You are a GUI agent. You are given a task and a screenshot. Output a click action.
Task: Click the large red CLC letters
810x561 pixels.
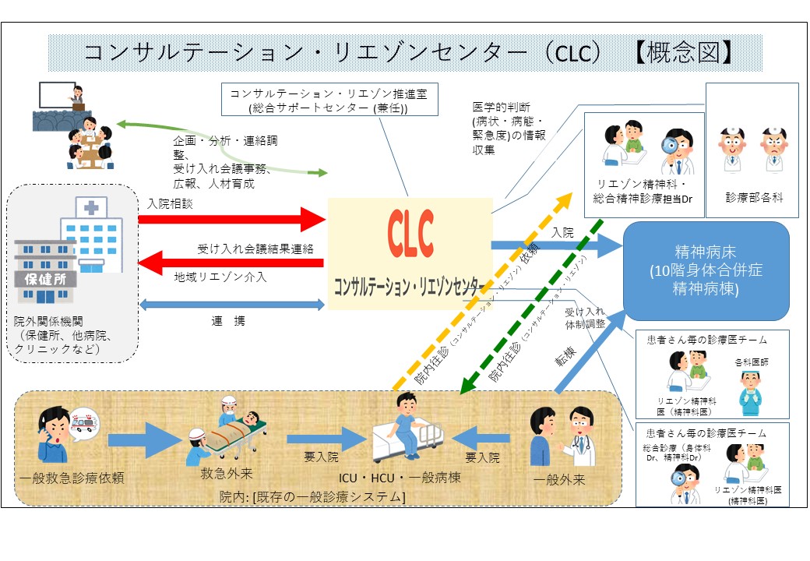pyautogui.click(x=410, y=235)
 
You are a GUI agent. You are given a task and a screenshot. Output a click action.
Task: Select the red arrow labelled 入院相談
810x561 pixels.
pyautogui.click(x=231, y=219)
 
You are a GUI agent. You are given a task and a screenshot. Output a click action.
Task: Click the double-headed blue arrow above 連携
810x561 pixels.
pyautogui.click(x=231, y=305)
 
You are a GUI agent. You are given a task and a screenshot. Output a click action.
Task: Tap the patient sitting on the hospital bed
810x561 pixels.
pyautogui.click(x=405, y=421)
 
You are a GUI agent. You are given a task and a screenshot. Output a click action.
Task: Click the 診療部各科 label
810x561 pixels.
pyautogui.click(x=753, y=198)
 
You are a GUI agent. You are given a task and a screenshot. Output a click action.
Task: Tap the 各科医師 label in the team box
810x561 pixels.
pyautogui.click(x=752, y=362)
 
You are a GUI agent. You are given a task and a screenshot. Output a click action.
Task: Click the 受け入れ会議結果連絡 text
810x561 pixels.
pyautogui.click(x=255, y=249)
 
